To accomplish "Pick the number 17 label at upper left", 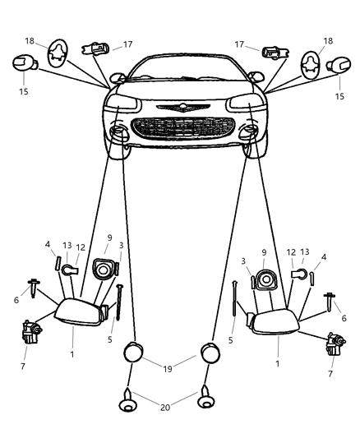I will [x=127, y=46].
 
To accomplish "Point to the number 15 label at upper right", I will [x=340, y=97].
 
